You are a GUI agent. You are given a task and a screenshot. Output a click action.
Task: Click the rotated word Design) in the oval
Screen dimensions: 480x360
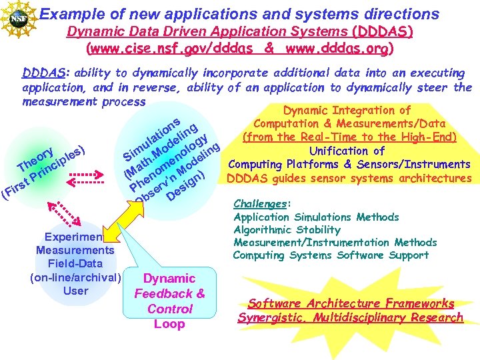pyautogui.click(x=185, y=188)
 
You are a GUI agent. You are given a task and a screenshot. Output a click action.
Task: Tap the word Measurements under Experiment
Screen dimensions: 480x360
pyautogui.click(x=75, y=250)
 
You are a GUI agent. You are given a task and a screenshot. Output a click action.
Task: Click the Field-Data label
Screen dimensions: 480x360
pyautogui.click(x=75, y=263)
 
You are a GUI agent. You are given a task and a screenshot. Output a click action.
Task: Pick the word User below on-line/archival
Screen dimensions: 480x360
pyautogui.click(x=75, y=291)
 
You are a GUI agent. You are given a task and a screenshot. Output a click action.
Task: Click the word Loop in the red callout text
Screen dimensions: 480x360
pyautogui.click(x=169, y=324)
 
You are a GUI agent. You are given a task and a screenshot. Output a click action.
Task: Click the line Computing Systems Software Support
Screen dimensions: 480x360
pyautogui.click(x=331, y=255)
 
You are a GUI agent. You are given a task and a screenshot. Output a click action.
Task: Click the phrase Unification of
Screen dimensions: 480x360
pyautogui.click(x=347, y=151)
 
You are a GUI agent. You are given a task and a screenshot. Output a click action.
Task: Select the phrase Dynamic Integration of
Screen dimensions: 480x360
pyautogui.click(x=347, y=110)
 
